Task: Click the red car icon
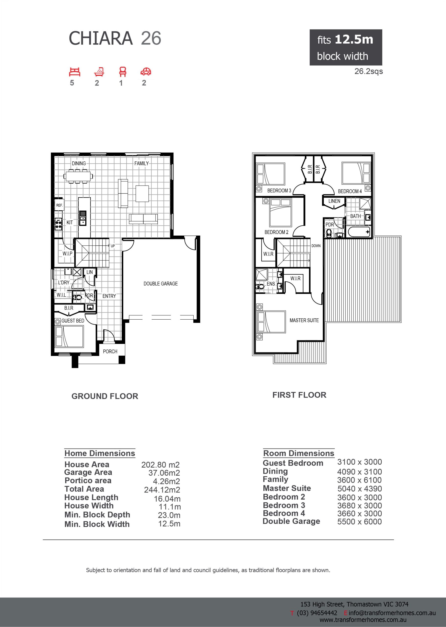point(146,72)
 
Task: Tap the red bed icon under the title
point(75,72)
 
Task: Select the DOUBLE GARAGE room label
point(161,284)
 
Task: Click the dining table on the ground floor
point(78,176)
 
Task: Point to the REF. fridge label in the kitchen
point(59,205)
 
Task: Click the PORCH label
point(110,351)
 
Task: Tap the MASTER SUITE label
point(304,320)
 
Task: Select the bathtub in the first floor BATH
point(359,232)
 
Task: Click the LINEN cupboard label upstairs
point(334,201)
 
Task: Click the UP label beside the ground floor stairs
point(113,246)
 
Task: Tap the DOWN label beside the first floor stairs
point(316,246)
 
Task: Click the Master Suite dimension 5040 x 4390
point(360,489)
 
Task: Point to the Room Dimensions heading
point(299,453)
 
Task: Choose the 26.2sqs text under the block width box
point(369,71)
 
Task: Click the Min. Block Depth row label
point(97,515)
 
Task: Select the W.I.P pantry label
point(68,253)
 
